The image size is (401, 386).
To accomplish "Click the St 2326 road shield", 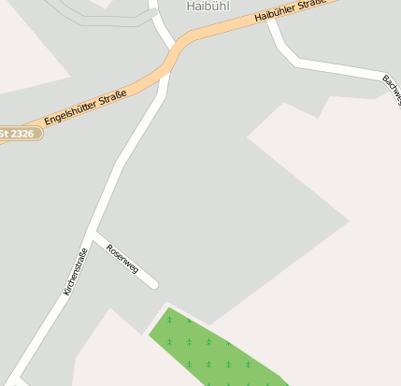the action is (19, 135).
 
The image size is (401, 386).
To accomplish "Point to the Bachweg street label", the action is (391, 84).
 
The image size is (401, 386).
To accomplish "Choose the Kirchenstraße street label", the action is (75, 272).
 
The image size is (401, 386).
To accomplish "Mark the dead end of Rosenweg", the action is (153, 284).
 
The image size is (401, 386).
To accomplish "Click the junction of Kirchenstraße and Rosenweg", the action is (93, 231).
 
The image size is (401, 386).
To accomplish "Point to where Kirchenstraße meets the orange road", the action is (165, 75).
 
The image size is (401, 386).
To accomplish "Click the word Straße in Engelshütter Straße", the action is (111, 96).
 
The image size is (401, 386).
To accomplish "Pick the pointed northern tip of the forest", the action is (169, 307).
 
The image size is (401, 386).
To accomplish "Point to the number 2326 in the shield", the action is (24, 135).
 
